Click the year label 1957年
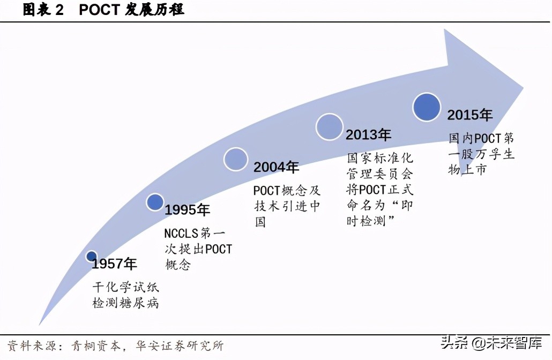click(x=114, y=264)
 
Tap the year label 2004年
click(x=276, y=168)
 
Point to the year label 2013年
click(x=368, y=134)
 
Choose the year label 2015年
click(x=470, y=115)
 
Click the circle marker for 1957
click(x=92, y=257)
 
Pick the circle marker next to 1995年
click(x=155, y=202)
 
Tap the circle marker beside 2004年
click(x=236, y=159)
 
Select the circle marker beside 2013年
click(x=329, y=127)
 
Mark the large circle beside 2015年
click(x=427, y=106)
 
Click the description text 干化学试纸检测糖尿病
click(x=126, y=295)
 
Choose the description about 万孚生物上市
click(x=481, y=154)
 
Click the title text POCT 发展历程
click(x=132, y=10)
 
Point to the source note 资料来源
click(x=115, y=346)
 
